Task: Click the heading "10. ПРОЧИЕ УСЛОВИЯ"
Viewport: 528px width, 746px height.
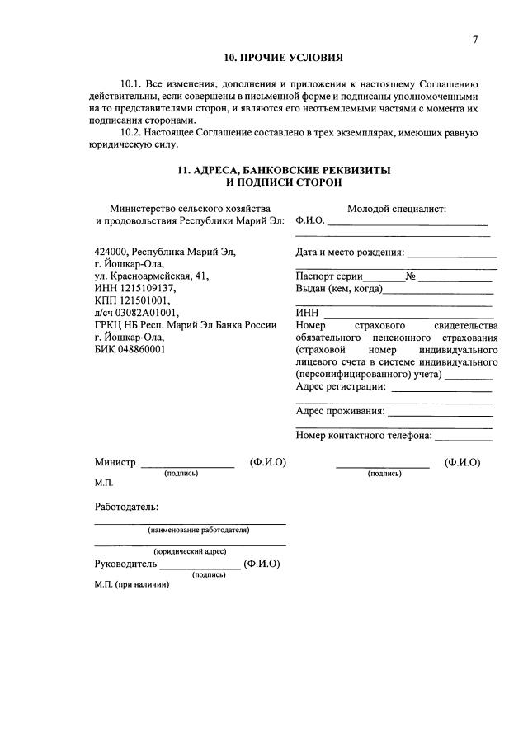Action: (x=284, y=59)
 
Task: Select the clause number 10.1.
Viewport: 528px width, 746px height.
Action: (x=132, y=85)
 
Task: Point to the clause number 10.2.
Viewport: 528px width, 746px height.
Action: (x=132, y=132)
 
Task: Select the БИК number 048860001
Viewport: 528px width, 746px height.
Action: (x=142, y=349)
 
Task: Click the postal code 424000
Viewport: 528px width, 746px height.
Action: (x=111, y=253)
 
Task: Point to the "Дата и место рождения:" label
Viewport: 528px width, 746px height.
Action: (x=350, y=253)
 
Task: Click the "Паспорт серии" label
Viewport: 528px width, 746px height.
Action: (x=328, y=276)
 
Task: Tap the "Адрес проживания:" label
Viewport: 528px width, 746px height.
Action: (x=340, y=411)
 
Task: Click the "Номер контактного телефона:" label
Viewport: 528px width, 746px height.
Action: (x=363, y=436)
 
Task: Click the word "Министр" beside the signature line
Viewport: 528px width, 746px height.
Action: (x=115, y=462)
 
